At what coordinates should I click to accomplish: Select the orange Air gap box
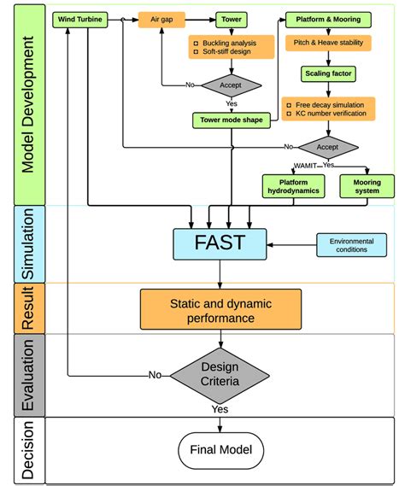[x=161, y=17]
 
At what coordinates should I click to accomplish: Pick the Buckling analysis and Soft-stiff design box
[x=231, y=48]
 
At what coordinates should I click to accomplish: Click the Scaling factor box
[x=329, y=74]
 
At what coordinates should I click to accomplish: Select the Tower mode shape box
[x=231, y=120]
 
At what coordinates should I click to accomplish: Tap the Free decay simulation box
[x=329, y=108]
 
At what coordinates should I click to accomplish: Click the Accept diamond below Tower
[x=231, y=85]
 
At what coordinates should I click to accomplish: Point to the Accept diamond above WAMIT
[x=328, y=146]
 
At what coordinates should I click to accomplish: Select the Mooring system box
[x=367, y=185]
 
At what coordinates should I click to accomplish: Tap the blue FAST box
[x=220, y=242]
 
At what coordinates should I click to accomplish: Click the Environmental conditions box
[x=351, y=246]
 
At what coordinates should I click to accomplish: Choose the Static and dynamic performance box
[x=220, y=309]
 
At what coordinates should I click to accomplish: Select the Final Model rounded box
[x=220, y=448]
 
